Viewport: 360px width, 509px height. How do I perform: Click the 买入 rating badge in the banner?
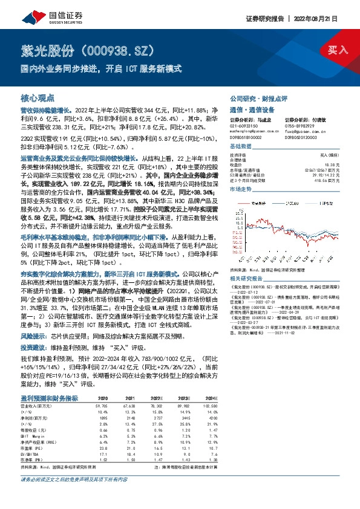[337, 50]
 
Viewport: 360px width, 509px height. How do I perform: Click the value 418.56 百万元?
[326, 180]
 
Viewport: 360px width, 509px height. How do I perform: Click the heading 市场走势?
[241, 190]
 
